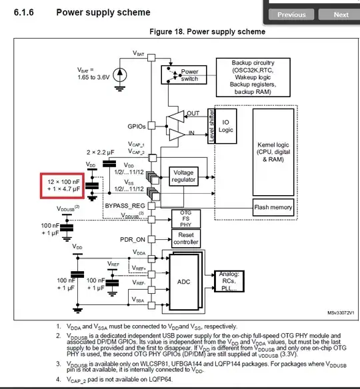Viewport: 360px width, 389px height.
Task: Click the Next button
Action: (341, 14)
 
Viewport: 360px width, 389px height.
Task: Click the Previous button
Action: (291, 14)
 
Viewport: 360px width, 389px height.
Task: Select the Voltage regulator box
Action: (183, 177)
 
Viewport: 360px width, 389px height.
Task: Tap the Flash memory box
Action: (273, 208)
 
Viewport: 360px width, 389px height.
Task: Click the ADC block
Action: (183, 282)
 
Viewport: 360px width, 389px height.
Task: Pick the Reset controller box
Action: (186, 238)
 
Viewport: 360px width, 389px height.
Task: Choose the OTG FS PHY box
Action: (186, 218)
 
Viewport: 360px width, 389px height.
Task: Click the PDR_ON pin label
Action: (132, 239)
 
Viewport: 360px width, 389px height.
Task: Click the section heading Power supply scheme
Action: (103, 12)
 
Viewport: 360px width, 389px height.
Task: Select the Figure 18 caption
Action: (207, 32)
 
